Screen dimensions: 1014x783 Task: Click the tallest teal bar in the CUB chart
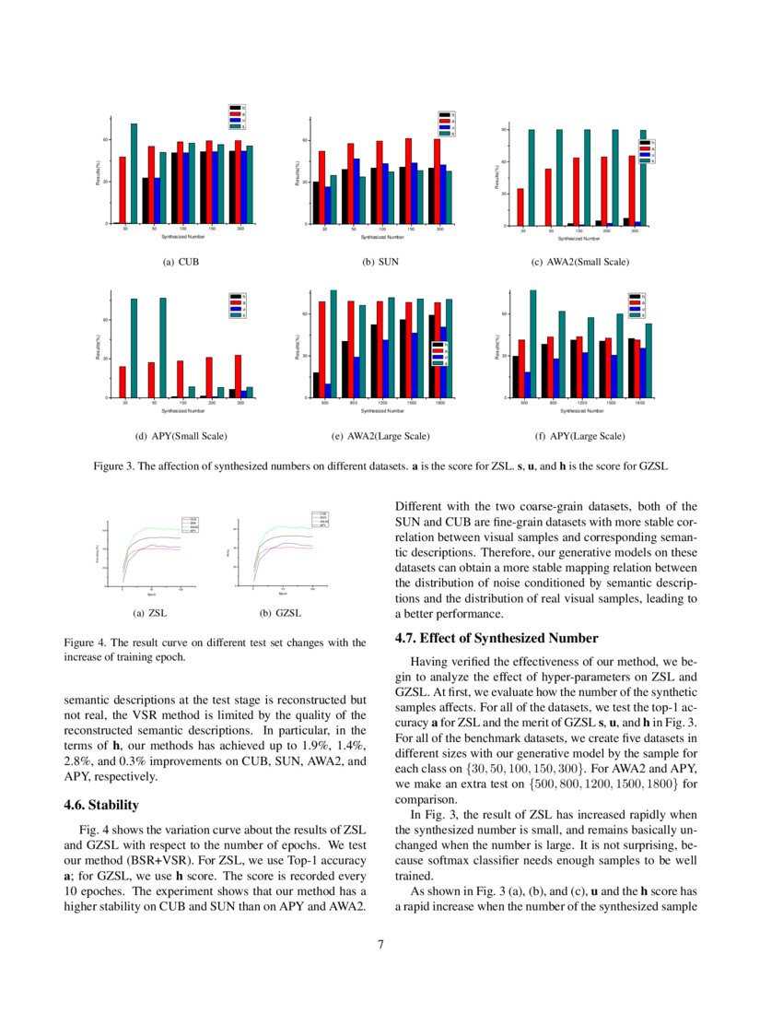coord(134,173)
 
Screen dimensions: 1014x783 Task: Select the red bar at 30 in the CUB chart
coord(123,190)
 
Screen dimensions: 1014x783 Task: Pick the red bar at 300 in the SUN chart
coord(437,181)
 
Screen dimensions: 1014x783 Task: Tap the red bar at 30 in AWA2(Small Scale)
coord(520,207)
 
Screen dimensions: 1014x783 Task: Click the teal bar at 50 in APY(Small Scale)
coord(163,348)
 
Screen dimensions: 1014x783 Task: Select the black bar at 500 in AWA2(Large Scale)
coord(316,385)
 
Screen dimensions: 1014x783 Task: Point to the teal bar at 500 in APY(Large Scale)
coord(532,344)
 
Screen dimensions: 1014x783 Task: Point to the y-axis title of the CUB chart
coord(98,173)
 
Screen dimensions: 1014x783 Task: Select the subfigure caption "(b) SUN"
coord(380,262)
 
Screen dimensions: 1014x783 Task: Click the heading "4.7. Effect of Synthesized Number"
coord(497,638)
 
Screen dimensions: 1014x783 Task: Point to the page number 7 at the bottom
coord(380,943)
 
